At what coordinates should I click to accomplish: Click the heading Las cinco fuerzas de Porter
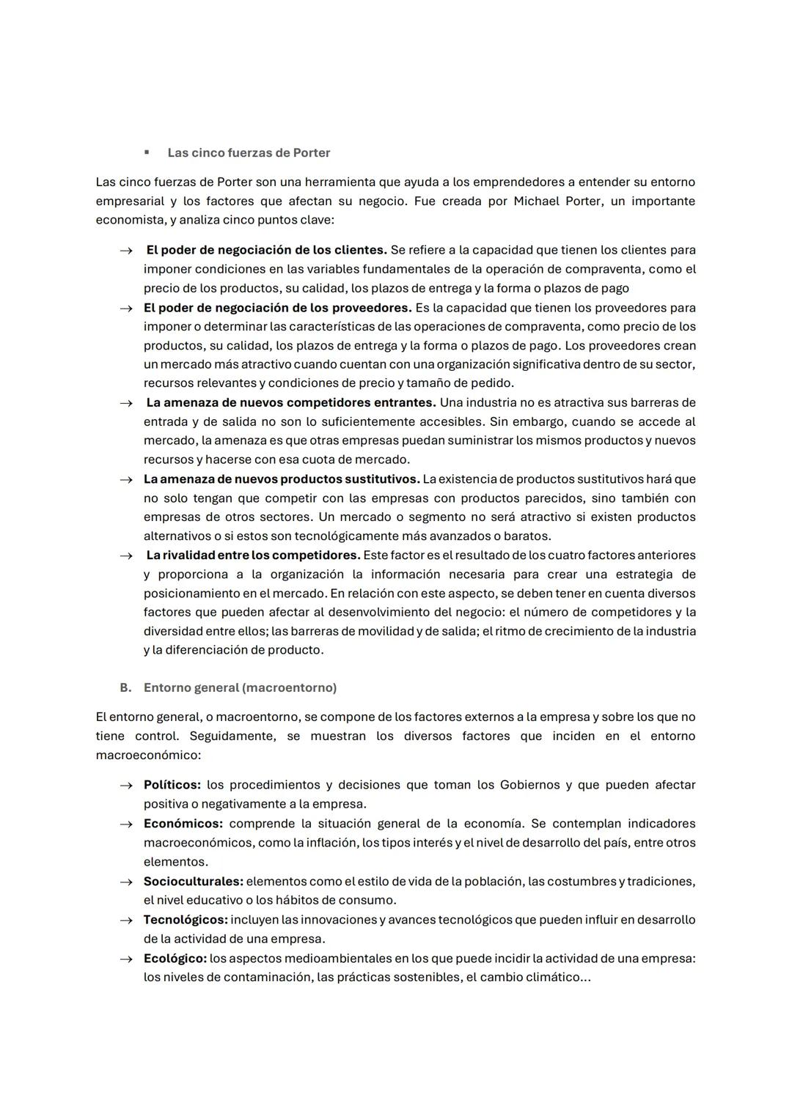[249, 152]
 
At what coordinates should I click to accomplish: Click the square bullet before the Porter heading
[147, 152]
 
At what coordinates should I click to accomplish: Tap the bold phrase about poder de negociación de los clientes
[266, 250]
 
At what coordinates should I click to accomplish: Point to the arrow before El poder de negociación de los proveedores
[126, 309]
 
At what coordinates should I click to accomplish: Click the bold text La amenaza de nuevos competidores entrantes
[290, 402]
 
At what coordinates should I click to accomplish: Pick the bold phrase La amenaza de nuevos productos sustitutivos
[282, 479]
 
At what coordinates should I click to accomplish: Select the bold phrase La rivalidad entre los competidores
[253, 555]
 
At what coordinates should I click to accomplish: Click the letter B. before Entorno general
[125, 687]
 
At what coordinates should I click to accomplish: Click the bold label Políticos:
[172, 785]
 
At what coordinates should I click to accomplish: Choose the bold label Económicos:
[183, 824]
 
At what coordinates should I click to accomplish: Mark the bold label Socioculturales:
[193, 881]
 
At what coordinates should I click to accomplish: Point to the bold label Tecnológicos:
[185, 920]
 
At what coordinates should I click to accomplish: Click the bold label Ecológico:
[175, 958]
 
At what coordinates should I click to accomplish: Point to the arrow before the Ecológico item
[126, 959]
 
